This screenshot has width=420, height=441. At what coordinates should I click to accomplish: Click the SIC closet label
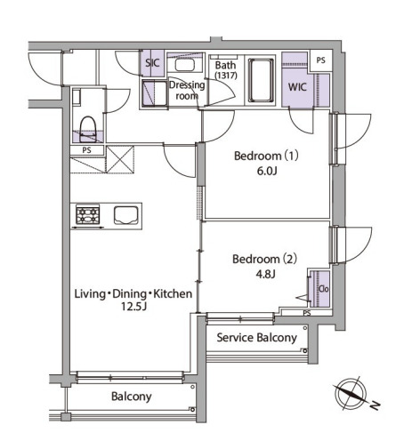coord(152,63)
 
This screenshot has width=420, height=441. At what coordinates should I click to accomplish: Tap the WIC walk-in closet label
coord(297,87)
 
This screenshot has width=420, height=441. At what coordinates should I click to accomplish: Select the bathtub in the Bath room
coord(261,81)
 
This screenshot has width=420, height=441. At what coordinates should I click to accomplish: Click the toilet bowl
coord(88,128)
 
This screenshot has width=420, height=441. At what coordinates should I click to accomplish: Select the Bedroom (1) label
coord(266,156)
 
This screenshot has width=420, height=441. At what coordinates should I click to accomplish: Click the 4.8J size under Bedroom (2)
coord(266,275)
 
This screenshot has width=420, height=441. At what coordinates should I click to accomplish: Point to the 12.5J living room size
coord(133,307)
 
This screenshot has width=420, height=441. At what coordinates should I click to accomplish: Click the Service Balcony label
coord(257,338)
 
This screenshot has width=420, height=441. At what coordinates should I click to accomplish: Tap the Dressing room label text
coord(187,91)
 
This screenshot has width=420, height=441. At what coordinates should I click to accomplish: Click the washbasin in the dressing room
coord(184,65)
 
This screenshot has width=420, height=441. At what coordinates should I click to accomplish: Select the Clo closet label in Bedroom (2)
coord(324,289)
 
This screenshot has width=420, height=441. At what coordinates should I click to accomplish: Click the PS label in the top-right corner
coord(320,60)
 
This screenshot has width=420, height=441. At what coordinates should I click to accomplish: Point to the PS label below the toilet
coord(86,150)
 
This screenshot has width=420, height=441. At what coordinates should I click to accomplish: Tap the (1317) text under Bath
coord(226,76)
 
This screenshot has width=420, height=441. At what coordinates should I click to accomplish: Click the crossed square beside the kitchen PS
coord(120,159)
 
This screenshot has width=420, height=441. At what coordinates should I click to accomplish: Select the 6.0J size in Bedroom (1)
coord(267,172)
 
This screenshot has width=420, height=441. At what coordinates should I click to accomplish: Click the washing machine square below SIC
coord(154,93)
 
